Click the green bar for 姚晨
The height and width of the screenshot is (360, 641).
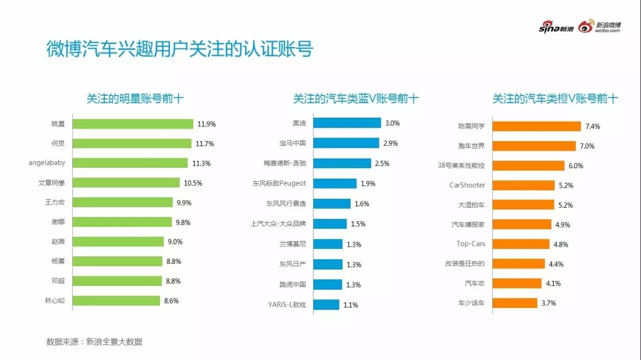(x=133, y=124)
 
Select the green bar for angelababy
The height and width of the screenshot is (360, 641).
(x=130, y=163)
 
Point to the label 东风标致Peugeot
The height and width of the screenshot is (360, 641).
(x=279, y=183)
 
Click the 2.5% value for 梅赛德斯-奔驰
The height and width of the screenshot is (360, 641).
(x=382, y=163)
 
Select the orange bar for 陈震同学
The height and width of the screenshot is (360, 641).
(x=536, y=126)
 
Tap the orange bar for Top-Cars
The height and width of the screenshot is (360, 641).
(x=521, y=244)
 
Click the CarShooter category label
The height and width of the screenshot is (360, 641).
(x=467, y=185)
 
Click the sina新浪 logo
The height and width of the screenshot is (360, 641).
(x=556, y=28)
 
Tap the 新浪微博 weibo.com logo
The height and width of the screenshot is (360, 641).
(x=599, y=27)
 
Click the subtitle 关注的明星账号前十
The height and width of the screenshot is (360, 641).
(x=135, y=99)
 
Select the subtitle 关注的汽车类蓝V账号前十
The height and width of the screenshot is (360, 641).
(x=356, y=99)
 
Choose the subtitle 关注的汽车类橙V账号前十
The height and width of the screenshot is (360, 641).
(x=555, y=99)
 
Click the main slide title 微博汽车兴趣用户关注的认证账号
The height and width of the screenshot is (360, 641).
(x=180, y=50)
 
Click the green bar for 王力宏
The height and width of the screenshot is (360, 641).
(x=123, y=202)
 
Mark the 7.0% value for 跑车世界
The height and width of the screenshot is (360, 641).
(x=587, y=146)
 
